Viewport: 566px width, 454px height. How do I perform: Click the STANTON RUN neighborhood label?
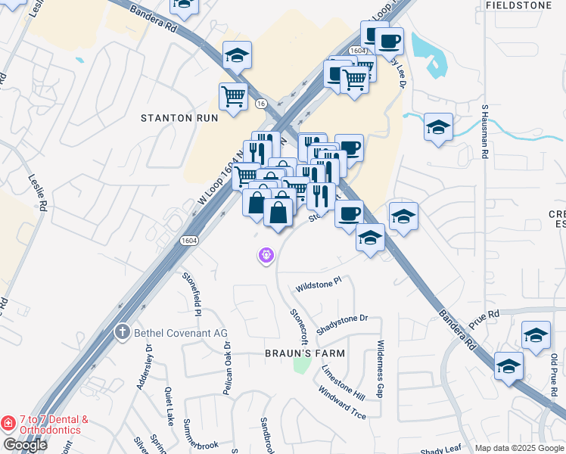[x=180, y=118]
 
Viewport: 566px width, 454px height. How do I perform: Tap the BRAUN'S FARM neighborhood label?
[x=305, y=353]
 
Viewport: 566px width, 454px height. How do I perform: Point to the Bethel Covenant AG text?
[x=179, y=332]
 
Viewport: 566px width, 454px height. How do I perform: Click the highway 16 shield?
[x=261, y=103]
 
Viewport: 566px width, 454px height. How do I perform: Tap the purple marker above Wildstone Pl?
[x=265, y=257]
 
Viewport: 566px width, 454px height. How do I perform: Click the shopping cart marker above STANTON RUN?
[x=233, y=96]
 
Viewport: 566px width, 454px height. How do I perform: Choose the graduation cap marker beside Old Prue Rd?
[x=536, y=335]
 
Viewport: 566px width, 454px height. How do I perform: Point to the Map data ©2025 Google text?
[x=520, y=448]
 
